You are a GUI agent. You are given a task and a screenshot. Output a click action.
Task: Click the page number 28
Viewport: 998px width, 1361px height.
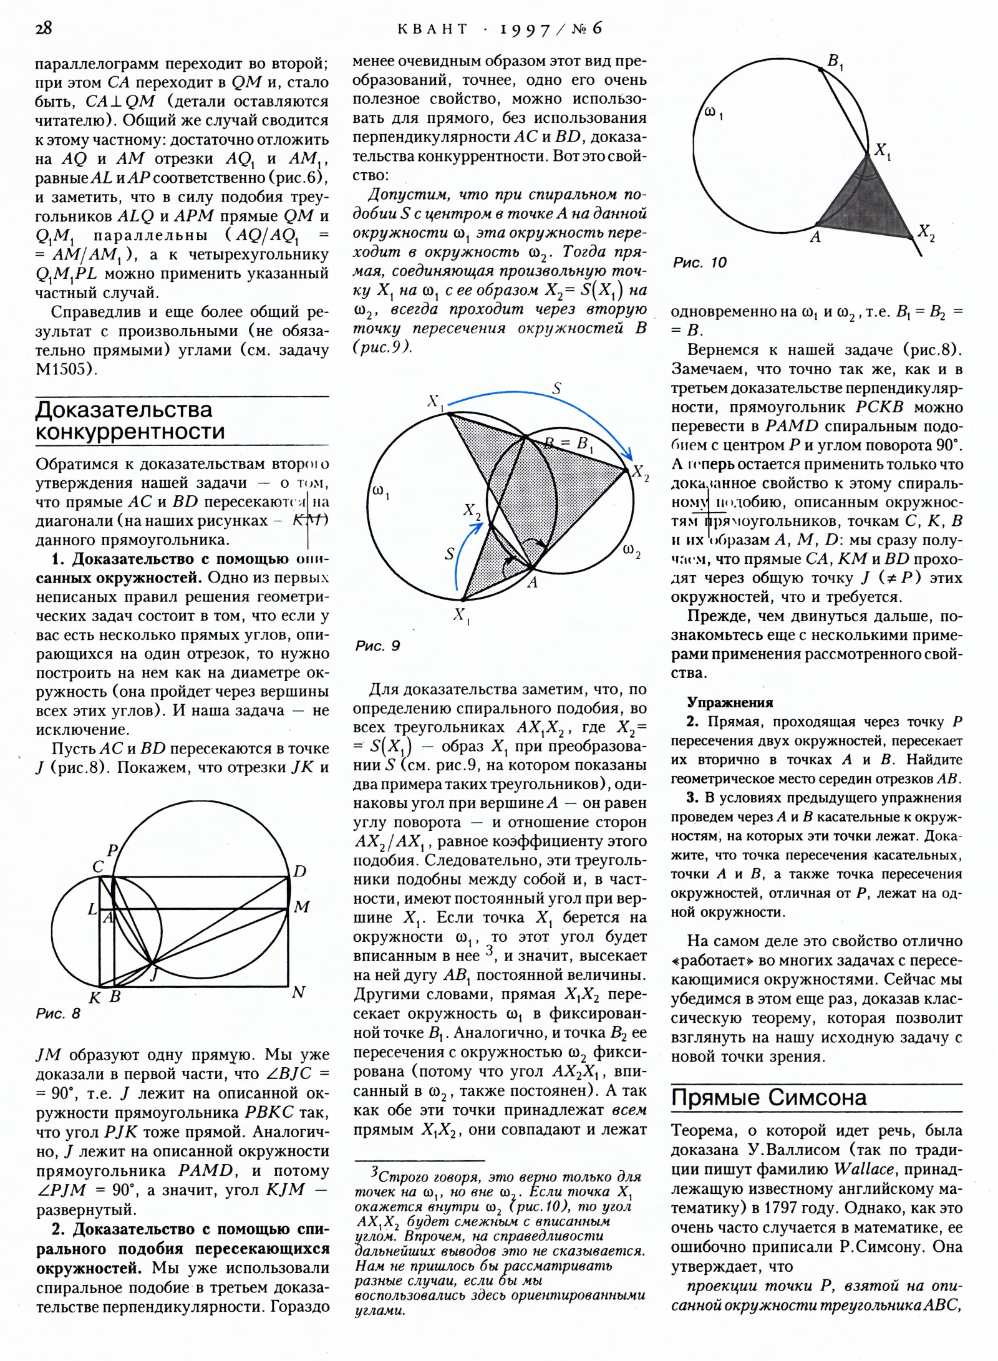(x=44, y=28)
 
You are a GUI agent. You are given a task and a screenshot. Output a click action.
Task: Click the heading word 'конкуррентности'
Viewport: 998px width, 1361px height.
(x=130, y=431)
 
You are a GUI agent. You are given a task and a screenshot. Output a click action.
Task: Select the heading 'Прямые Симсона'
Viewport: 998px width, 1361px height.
(x=768, y=1097)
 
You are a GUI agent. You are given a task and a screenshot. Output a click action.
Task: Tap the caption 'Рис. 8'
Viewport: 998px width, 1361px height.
(x=58, y=1014)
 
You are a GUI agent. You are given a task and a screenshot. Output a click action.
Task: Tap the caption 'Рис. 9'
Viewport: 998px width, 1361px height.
(x=377, y=646)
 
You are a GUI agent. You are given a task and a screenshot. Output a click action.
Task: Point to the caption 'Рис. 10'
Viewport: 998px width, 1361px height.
(x=700, y=263)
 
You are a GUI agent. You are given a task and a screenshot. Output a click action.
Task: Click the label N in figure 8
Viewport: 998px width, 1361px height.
(x=298, y=992)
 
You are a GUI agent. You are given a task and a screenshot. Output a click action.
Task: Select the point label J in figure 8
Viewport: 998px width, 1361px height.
(x=153, y=974)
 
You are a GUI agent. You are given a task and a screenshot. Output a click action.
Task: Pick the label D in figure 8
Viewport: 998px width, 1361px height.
(x=300, y=871)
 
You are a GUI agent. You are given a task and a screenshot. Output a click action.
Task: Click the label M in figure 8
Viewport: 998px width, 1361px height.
(x=302, y=907)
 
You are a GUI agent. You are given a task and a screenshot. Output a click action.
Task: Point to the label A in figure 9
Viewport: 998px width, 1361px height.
(x=532, y=583)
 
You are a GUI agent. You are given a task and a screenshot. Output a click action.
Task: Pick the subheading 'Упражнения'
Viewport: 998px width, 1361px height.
(x=730, y=702)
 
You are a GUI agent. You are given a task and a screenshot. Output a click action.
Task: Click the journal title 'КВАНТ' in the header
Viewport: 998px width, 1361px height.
(x=432, y=29)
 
